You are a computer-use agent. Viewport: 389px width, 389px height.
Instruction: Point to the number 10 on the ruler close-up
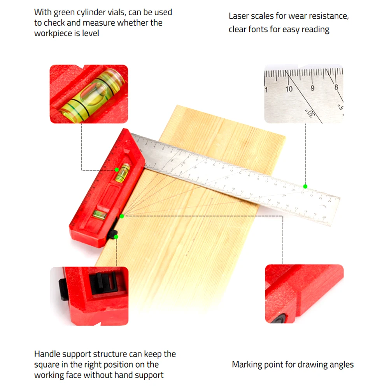tap(289, 89)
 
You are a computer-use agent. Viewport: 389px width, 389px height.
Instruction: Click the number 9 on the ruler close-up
tap(313, 88)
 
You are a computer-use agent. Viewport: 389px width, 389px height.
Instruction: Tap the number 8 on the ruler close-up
tap(336, 87)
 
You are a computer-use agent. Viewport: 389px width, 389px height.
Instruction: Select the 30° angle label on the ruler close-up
tap(310, 113)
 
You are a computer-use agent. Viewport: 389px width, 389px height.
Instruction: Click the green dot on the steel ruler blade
tap(305, 186)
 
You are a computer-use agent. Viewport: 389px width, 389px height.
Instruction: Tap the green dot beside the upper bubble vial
tap(117, 170)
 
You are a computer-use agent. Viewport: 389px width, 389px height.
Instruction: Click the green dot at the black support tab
tap(116, 237)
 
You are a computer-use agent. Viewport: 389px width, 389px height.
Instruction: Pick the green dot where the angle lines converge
tap(122, 216)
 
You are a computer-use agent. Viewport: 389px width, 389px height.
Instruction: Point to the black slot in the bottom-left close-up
tap(104, 283)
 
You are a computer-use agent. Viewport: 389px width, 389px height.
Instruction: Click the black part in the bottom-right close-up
tap(279, 319)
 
